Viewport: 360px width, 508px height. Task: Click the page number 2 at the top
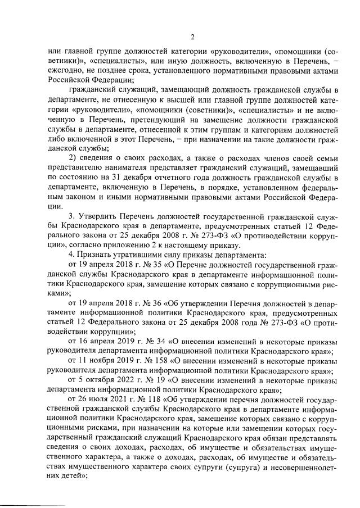coord(191,38)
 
